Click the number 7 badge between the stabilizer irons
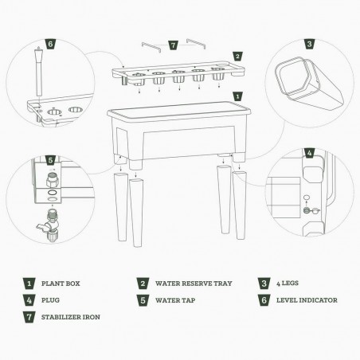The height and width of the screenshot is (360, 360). click(173, 45)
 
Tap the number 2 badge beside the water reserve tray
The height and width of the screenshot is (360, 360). click(237, 57)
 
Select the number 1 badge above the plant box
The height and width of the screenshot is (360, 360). click(237, 96)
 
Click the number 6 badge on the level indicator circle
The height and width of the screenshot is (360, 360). click(50, 44)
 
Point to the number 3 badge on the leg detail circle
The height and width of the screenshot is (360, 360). click(309, 44)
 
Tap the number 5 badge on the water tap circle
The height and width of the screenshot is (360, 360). click(50, 160)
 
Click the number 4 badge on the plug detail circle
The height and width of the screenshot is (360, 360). click(309, 153)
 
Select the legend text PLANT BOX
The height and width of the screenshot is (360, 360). click(61, 284)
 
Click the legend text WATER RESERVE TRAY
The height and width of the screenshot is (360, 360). click(194, 284)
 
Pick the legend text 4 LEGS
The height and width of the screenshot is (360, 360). click(288, 284)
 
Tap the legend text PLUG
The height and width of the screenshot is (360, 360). click(50, 300)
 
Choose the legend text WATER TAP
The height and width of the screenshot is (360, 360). click(175, 300)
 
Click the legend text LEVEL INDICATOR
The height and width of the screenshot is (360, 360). click(307, 300)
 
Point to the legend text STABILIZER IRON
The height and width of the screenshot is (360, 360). click(71, 317)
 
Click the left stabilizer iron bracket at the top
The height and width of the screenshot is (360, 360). click(151, 46)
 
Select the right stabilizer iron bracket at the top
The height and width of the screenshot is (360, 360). click(196, 43)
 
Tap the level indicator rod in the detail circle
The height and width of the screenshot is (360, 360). click(39, 71)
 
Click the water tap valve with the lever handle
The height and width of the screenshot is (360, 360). click(50, 225)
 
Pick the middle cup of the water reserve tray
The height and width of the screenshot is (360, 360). click(178, 76)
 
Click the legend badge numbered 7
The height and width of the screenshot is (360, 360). click(29, 317)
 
